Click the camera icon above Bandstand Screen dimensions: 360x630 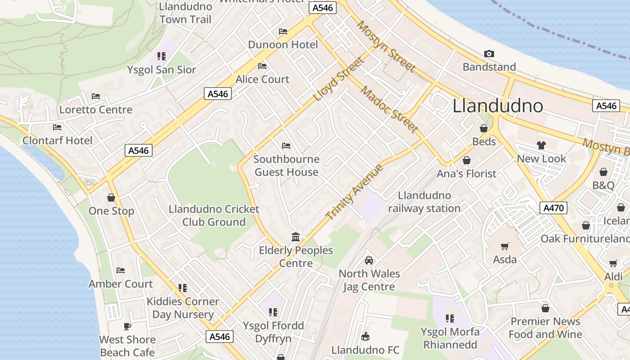489,54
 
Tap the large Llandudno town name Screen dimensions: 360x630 498,106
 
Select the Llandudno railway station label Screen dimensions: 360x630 424,202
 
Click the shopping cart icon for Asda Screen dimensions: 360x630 505,246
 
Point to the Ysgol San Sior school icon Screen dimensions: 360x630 162,56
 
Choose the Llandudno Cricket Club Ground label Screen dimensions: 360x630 214,216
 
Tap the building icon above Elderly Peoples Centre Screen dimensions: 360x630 296,237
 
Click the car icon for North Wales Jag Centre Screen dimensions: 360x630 369,261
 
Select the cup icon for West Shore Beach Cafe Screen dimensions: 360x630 127,326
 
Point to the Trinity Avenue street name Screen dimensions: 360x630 354,193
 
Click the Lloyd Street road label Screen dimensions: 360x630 339,79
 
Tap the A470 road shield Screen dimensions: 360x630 553,208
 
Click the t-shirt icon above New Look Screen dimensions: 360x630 541,145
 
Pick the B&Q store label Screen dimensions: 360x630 603,185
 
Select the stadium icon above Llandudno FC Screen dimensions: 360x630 365,337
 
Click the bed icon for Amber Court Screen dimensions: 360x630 120,270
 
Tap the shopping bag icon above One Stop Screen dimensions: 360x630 111,198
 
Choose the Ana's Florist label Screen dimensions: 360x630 467,174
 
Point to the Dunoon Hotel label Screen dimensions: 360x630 283,45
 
